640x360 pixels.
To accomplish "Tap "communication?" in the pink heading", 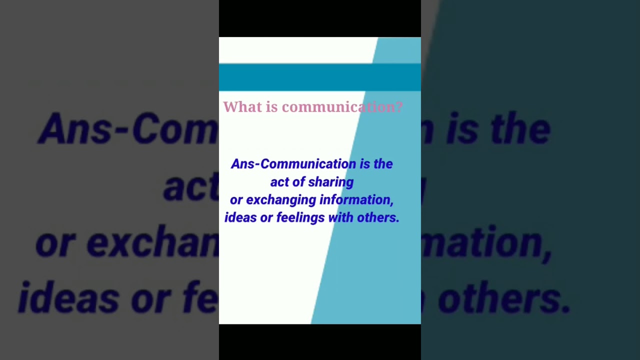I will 342,107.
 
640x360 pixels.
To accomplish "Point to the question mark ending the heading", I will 399,107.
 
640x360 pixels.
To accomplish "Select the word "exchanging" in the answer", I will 280,200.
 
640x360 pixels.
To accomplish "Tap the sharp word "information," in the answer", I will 356,200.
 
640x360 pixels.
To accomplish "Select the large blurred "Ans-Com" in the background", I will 127,128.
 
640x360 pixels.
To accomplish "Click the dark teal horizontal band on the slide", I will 320,77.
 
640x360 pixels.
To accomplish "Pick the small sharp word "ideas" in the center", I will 240,217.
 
